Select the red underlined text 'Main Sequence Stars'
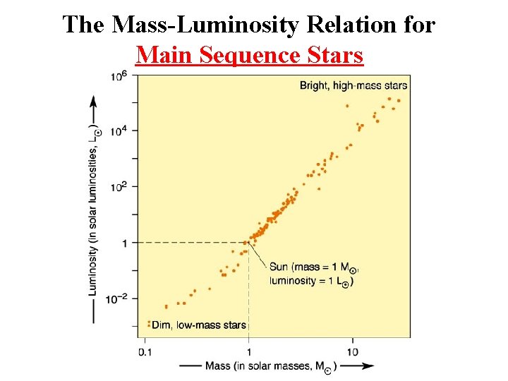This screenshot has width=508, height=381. tap(250, 55)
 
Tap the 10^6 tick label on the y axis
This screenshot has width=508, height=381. tap(119, 76)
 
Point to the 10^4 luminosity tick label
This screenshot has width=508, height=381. tap(119, 131)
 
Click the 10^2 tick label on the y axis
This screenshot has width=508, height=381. tap(119, 187)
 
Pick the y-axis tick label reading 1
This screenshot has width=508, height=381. tap(124, 243)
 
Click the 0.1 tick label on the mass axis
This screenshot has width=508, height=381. tap(145, 352)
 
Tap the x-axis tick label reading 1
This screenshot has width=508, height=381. tap(248, 352)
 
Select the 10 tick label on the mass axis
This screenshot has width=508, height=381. tap(353, 352)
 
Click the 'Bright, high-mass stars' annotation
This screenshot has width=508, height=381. tap(353, 85)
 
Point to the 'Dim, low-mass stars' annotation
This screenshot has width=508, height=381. tap(199, 325)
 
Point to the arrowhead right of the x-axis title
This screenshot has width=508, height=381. tap(368, 366)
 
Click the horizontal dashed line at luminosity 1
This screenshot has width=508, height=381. tap(193, 243)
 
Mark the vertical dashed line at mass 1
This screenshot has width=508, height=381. tap(248, 290)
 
